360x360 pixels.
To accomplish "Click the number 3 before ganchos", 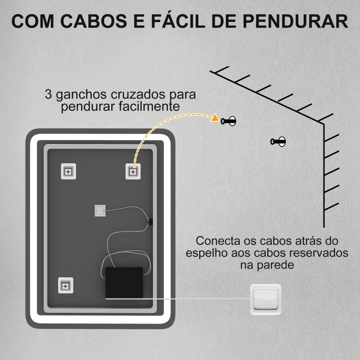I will click(48, 95).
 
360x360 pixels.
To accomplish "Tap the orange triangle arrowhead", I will click(215, 119).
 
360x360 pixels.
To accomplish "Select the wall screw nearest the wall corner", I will click(279, 142).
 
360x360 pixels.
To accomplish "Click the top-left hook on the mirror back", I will click(68, 171).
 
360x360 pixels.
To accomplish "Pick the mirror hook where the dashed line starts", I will click(133, 171).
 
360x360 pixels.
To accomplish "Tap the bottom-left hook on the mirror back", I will click(65, 285).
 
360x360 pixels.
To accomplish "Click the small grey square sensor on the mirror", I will click(100, 210).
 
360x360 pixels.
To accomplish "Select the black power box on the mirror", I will click(124, 282).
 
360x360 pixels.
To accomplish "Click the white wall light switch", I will click(265, 299).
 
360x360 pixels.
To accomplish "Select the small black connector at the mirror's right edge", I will click(151, 221).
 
